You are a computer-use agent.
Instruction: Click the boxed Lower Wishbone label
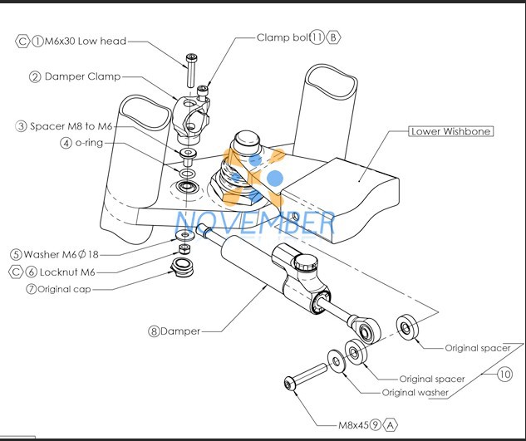(451, 131)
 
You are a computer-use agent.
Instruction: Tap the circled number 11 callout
(317, 37)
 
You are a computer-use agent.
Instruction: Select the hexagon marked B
(333, 37)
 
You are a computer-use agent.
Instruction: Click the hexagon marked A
(390, 425)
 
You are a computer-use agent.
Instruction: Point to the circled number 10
(504, 374)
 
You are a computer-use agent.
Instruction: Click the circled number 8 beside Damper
(154, 331)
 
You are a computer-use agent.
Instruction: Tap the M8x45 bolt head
(289, 384)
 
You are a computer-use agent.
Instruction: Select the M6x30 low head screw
(191, 70)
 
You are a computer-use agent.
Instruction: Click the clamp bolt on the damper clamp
(202, 92)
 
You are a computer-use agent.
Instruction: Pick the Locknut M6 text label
(67, 272)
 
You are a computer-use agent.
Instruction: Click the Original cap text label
(64, 289)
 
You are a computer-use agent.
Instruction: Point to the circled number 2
(35, 76)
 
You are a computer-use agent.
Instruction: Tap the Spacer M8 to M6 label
(71, 126)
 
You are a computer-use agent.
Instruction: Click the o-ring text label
(89, 143)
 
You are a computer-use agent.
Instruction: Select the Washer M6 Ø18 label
(61, 254)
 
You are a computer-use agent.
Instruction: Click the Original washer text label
(415, 392)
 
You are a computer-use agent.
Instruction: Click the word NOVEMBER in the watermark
(255, 223)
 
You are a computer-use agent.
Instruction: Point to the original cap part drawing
(182, 267)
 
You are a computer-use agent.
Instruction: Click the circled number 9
(376, 425)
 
